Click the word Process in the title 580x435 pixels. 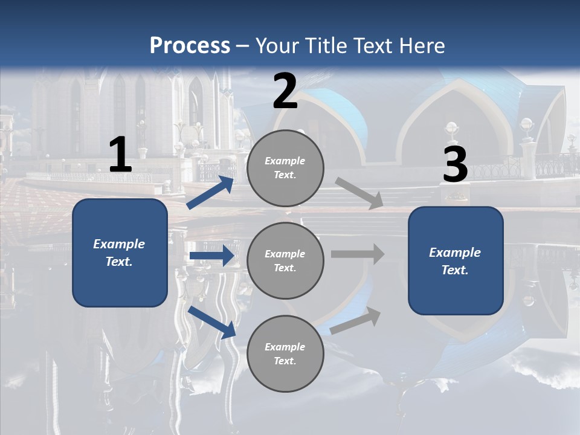(190, 46)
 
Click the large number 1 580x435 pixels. (120, 156)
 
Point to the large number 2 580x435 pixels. (285, 92)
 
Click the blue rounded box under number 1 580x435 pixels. (120, 253)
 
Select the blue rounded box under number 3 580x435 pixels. (456, 261)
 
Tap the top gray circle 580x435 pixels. (285, 168)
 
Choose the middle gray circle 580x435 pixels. (285, 260)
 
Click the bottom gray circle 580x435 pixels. (285, 353)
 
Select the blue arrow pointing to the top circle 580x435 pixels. (211, 192)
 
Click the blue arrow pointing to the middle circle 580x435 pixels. (211, 256)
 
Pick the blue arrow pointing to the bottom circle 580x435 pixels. (212, 322)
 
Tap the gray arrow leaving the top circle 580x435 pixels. (359, 193)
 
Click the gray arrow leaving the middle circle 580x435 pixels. (358, 254)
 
